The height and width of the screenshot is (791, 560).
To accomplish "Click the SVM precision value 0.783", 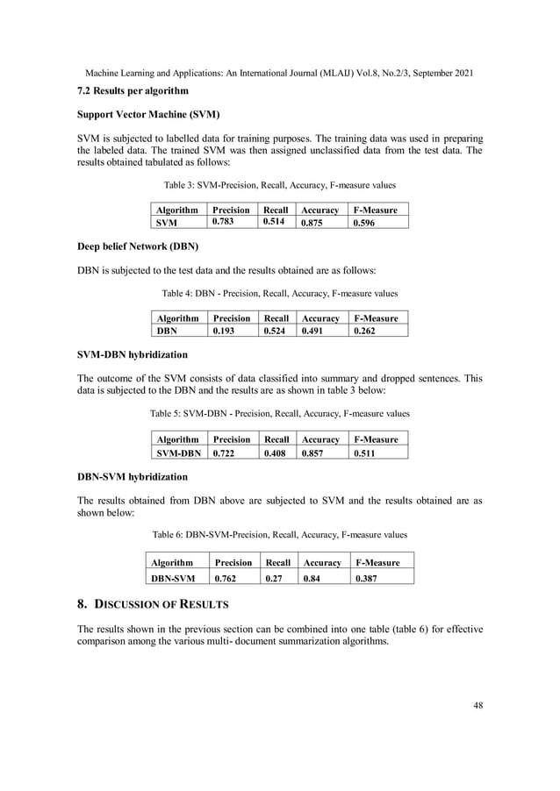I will click(224, 223).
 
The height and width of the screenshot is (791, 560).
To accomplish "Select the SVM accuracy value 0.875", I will click(313, 224).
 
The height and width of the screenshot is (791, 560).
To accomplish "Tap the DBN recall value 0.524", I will click(276, 331).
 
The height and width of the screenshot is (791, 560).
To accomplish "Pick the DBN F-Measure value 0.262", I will click(365, 331).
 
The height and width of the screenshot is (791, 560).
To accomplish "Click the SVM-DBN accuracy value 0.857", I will click(314, 453).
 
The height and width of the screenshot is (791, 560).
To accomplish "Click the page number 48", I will click(477, 702).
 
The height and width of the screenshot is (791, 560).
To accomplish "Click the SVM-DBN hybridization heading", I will click(133, 355).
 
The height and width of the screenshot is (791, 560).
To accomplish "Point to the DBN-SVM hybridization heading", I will click(133, 477).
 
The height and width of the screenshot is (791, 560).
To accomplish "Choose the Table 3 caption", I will click(279, 185).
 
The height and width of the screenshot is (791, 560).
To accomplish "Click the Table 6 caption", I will click(279, 533).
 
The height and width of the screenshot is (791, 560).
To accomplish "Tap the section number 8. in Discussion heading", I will click(83, 604).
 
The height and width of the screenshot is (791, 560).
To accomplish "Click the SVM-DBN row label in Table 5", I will click(178, 453).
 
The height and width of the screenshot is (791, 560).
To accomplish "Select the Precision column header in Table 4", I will click(231, 318).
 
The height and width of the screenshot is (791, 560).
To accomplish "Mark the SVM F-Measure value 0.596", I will click(365, 224).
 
